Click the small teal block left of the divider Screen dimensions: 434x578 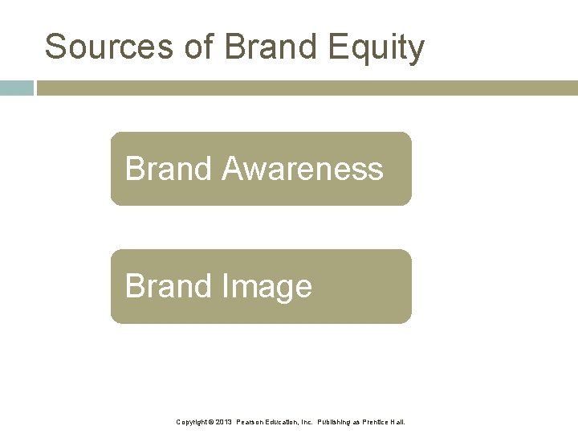(16, 88)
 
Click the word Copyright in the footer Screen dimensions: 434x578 (193, 421)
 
